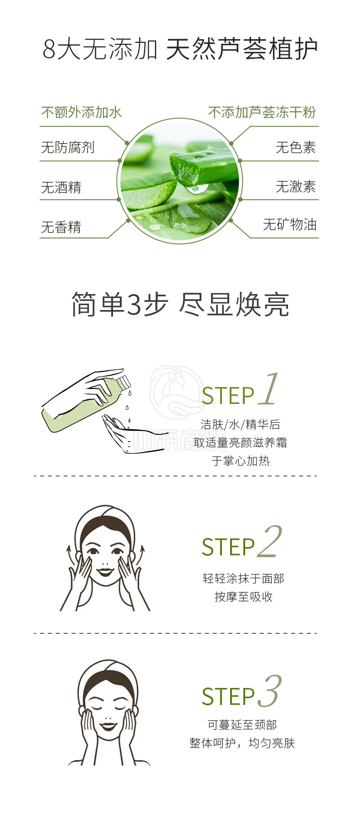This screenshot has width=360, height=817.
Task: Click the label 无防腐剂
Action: point(67,147)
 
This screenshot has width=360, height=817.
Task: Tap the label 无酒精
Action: point(61,187)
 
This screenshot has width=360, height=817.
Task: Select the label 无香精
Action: point(61,227)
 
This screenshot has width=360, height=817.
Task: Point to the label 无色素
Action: point(296,147)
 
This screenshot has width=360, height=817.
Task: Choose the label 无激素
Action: point(296,186)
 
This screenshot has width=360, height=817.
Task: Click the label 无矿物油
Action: point(289,224)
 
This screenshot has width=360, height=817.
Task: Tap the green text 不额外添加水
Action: point(81,112)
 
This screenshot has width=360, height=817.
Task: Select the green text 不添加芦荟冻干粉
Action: point(262,112)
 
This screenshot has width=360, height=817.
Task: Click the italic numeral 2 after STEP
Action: point(269,541)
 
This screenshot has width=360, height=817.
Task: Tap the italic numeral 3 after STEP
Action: point(269,691)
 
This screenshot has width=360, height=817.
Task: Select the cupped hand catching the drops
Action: point(130,434)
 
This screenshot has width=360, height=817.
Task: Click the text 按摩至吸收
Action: point(243,596)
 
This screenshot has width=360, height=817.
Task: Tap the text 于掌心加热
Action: point(241,460)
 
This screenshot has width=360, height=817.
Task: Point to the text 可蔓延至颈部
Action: point(242,724)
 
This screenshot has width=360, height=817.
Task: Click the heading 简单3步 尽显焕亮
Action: point(180,305)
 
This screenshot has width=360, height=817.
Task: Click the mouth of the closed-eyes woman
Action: point(108,725)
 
